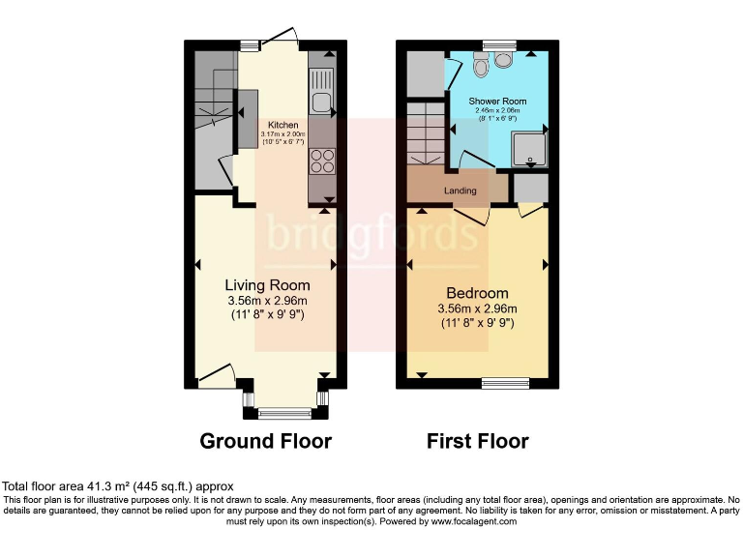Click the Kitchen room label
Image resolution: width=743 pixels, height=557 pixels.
tap(282, 125)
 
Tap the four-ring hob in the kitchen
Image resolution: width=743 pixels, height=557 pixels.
tap(321, 161)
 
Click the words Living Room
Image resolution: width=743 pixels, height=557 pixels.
tap(267, 285)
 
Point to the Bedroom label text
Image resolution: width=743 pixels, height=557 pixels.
tap(477, 293)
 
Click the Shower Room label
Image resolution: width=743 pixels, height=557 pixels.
tap(497, 102)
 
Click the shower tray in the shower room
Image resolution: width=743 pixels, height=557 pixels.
tap(529, 148)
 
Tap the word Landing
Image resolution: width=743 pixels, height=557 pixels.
tap(461, 191)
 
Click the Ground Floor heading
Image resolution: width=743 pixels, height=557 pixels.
tap(265, 442)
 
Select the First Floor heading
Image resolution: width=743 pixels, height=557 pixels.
tap(478, 442)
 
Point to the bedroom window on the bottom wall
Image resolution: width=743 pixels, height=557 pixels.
tap(506, 382)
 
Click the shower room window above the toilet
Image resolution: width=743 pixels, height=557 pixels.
tap(499, 44)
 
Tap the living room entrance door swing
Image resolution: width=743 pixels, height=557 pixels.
tap(217, 372)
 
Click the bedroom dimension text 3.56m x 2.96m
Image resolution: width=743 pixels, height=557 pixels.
tap(477, 309)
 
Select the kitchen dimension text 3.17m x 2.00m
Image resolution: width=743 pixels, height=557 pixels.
tap(282, 134)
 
